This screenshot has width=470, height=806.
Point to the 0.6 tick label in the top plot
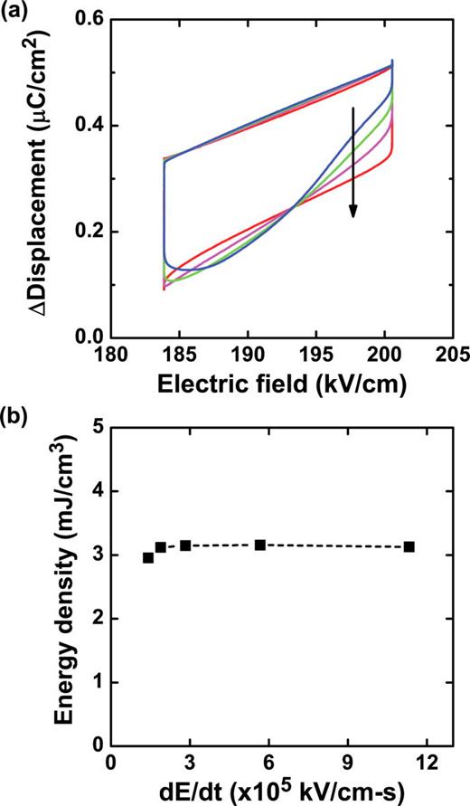[x=89, y=20]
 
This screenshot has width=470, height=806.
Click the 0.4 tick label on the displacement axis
[x=89, y=126]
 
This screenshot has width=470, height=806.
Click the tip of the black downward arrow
[x=353, y=217]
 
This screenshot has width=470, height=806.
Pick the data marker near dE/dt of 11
[x=409, y=546]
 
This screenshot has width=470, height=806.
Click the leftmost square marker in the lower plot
[x=148, y=557]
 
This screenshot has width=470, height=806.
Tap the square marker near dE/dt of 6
[x=260, y=545]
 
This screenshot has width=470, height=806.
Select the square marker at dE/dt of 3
[x=185, y=545]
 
